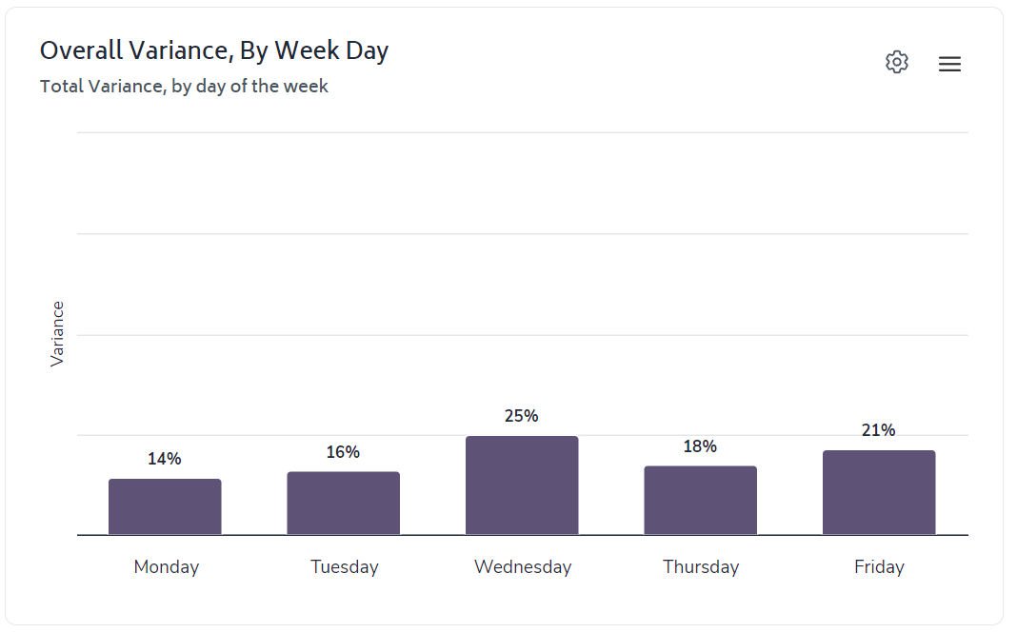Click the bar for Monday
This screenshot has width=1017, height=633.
tap(165, 506)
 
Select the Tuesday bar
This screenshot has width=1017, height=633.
tap(343, 503)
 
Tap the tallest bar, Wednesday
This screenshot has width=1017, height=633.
tap(522, 485)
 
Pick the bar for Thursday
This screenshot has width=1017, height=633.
tap(700, 500)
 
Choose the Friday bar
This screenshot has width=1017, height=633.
tap(879, 492)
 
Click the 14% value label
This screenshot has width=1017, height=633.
tap(165, 459)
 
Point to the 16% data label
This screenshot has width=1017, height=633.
tap(343, 452)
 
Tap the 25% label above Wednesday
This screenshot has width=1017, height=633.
tap(522, 416)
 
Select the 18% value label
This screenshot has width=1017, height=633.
tap(700, 446)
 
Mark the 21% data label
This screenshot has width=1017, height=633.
tap(879, 430)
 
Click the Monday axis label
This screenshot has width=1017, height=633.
tap(167, 567)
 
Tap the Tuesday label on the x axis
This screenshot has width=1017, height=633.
tap(344, 567)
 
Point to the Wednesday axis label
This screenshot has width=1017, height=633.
tap(523, 567)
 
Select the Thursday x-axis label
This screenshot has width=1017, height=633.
tap(701, 567)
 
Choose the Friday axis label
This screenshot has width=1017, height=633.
tap(879, 567)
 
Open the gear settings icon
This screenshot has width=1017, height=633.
tap(897, 63)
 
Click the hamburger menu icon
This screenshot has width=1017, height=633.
tap(949, 64)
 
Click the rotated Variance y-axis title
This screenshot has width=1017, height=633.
tap(57, 333)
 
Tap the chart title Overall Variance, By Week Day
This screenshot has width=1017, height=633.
tap(214, 50)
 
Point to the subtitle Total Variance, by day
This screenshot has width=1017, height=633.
tap(184, 87)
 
